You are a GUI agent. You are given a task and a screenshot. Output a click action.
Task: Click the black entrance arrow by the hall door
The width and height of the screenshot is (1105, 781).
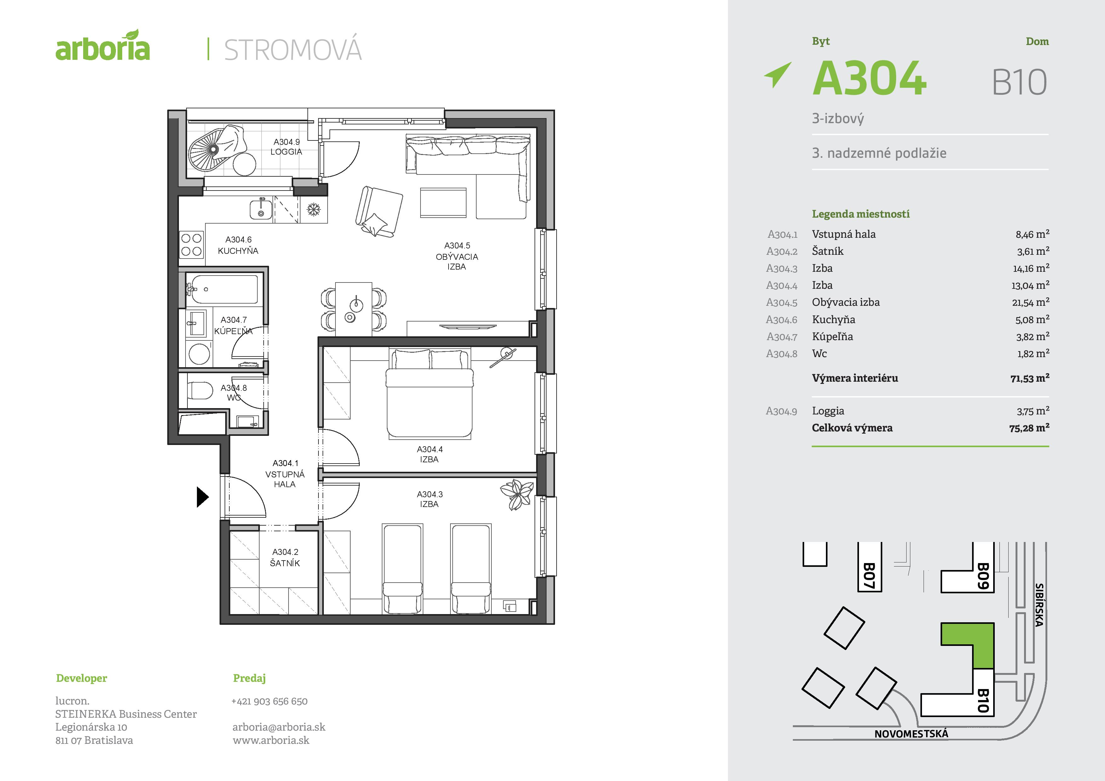[203, 497]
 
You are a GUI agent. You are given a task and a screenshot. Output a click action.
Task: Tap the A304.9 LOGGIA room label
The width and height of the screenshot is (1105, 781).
[286, 147]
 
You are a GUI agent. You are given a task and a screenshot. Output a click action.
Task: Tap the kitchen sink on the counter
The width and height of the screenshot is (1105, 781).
[261, 210]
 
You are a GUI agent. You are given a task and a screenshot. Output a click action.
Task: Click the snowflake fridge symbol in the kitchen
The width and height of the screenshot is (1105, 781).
[314, 210]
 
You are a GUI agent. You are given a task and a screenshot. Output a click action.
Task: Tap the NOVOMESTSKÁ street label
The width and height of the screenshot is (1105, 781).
[911, 734]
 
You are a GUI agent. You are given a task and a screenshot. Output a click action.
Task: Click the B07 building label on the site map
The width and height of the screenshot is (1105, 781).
[869, 576]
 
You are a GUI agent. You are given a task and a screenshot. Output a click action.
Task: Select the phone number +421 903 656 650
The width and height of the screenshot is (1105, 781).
[270, 701]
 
